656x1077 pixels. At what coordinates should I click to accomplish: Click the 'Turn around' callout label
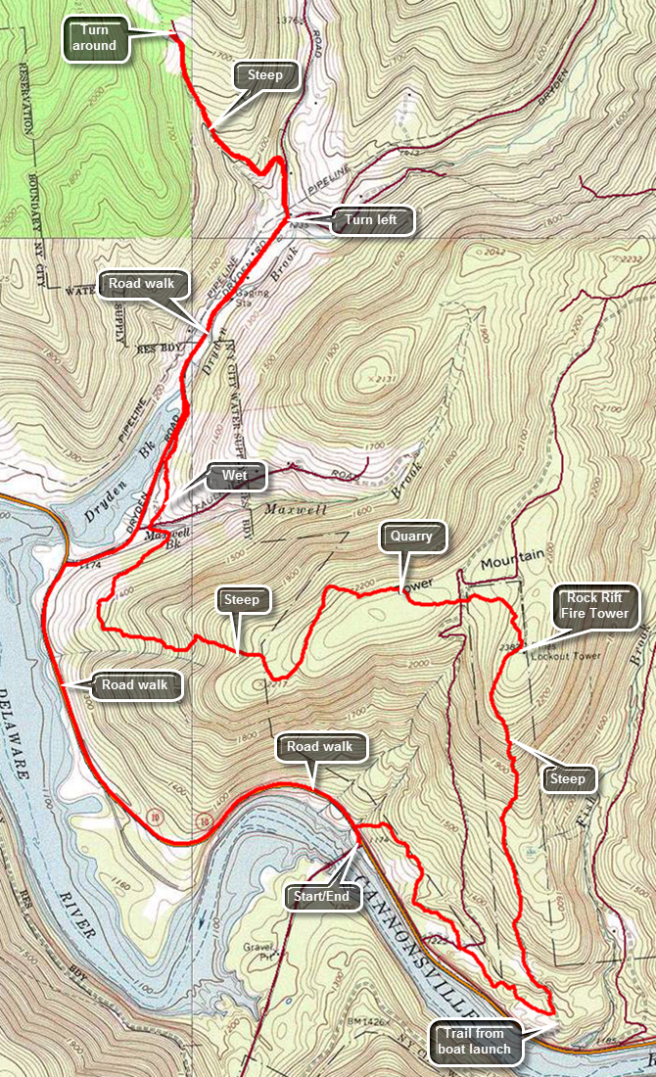coord(98,38)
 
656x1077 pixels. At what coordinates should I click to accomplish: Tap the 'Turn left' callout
coord(370,220)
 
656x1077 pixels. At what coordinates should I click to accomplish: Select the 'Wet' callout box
coord(235,477)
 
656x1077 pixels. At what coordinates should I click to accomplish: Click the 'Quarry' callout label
coord(411,537)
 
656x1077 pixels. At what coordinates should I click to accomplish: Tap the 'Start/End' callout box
coord(321,896)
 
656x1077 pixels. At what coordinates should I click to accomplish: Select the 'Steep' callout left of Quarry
coord(241,600)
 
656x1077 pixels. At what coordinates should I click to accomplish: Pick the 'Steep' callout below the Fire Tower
coord(568,778)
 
